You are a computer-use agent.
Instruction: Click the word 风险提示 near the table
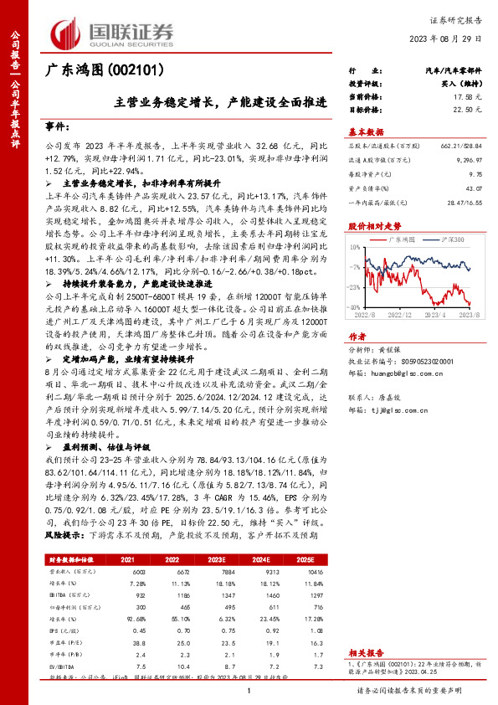tap(60, 510)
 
